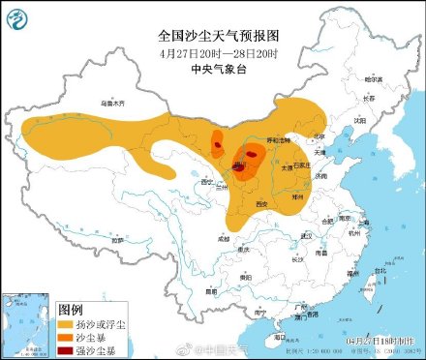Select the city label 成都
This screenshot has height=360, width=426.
tap(224, 236)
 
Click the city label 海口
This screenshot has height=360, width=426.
tap(279, 336)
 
